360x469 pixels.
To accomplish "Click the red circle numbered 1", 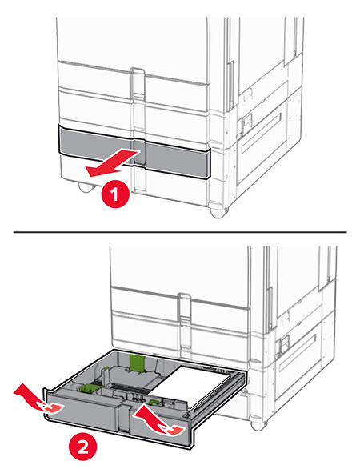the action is click(116, 195).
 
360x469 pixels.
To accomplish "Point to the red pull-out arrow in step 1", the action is click(112, 164).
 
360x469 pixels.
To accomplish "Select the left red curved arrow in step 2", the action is click(39, 400).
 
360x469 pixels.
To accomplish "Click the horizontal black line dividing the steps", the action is click(180, 232).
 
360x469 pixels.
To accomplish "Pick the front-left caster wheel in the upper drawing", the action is click(86, 187).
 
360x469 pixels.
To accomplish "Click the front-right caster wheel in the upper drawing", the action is click(219, 211).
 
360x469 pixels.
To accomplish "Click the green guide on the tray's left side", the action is click(89, 387).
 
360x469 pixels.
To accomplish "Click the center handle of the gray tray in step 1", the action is click(139, 153).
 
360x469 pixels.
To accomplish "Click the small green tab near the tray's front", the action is click(154, 402).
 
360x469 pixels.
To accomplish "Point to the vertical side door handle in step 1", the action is click(230, 86).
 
